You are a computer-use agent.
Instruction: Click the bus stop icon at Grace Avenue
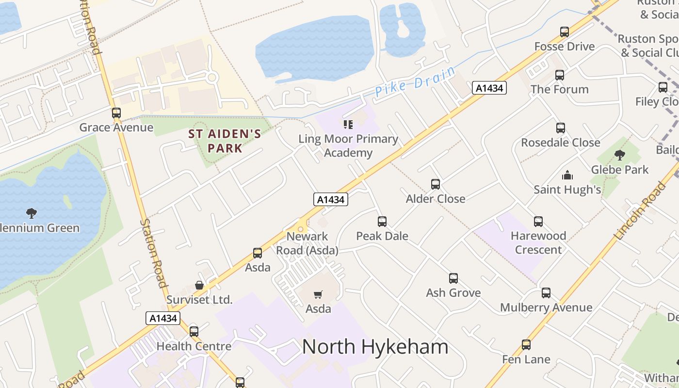click(x=116, y=113)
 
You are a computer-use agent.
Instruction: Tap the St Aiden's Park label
click(x=225, y=141)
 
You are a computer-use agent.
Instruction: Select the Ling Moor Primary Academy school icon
click(x=348, y=125)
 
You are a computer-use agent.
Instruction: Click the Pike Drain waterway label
click(x=415, y=81)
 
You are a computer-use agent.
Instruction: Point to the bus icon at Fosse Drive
click(x=564, y=32)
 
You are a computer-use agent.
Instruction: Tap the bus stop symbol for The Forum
click(x=559, y=75)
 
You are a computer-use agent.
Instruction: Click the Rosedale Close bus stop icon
click(x=560, y=128)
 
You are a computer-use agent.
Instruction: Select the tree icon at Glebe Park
click(x=619, y=155)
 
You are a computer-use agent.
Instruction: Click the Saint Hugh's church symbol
click(x=567, y=175)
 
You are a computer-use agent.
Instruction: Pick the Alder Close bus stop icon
click(x=435, y=184)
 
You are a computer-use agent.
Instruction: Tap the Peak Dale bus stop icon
click(x=382, y=222)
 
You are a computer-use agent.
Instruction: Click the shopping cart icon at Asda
click(x=318, y=294)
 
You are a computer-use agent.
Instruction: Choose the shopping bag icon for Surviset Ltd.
click(x=199, y=285)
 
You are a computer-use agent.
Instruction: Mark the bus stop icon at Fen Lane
click(x=526, y=345)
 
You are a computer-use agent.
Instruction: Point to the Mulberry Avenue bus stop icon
click(x=546, y=293)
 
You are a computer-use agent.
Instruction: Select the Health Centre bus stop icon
click(x=194, y=332)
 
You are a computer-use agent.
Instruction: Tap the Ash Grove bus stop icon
click(x=453, y=278)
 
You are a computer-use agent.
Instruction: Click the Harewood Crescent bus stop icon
click(x=538, y=222)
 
